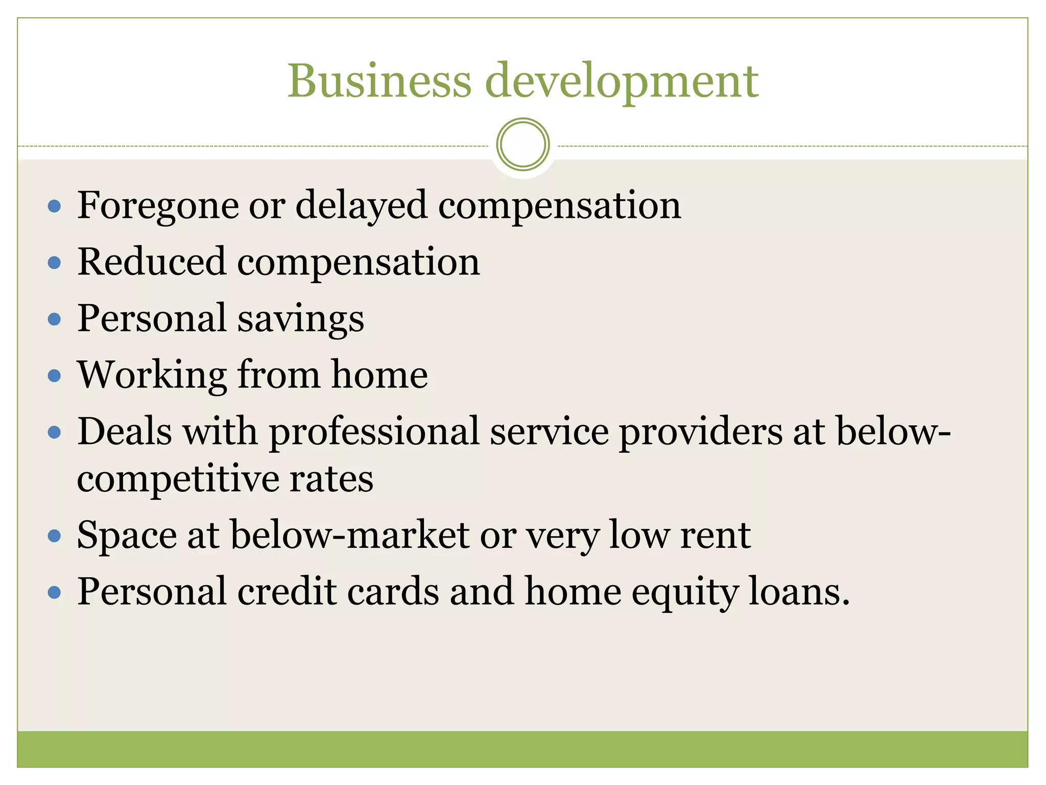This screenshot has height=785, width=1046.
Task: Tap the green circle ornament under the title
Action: tap(522, 144)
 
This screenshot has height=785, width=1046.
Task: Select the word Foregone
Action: tap(158, 206)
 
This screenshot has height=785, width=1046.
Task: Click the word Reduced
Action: tap(151, 262)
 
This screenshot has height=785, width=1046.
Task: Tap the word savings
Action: tap(300, 319)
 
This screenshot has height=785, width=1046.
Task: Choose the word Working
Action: tap(152, 376)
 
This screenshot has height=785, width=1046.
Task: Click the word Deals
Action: tap(125, 431)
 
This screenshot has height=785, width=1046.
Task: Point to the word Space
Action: tap(127, 536)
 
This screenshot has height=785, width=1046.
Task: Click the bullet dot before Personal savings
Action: tap(54, 319)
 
